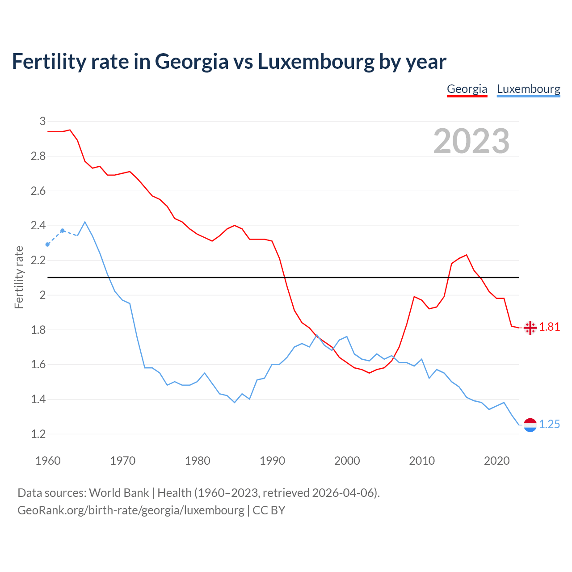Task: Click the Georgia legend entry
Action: (467, 89)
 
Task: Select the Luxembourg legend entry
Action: (528, 89)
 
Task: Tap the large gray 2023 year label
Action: (471, 141)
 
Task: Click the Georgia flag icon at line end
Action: (530, 328)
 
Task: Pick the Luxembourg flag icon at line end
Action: (530, 425)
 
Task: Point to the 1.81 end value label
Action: (549, 327)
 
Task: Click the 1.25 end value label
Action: (549, 425)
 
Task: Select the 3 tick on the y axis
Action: (42, 121)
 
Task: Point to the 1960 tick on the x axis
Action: (48, 461)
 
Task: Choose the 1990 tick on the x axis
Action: (272, 461)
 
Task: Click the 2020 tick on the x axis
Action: (496, 461)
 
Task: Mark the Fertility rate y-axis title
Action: (19, 277)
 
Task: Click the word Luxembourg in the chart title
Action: (316, 62)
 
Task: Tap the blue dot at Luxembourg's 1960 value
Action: (48, 244)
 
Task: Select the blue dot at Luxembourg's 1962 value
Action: (63, 231)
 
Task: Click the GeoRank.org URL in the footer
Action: (131, 510)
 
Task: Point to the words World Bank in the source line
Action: (119, 493)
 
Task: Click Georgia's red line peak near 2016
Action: (467, 255)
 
